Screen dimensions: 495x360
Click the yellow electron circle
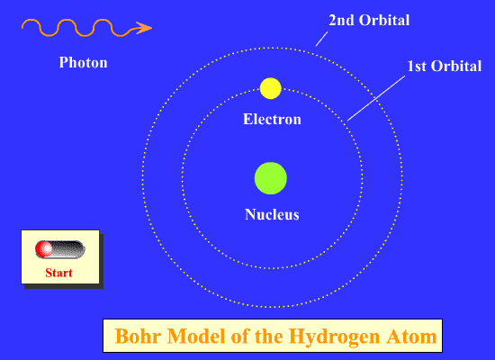[x=271, y=88]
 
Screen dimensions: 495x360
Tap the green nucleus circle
[x=271, y=178]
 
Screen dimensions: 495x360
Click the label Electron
[x=272, y=119]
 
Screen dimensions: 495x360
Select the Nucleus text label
[x=272, y=214]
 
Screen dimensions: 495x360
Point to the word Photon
[x=84, y=62]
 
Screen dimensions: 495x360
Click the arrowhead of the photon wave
[x=144, y=28]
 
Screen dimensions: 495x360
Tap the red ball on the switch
[x=44, y=248]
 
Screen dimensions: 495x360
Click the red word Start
[x=59, y=273]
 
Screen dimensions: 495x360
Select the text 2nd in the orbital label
[x=341, y=20]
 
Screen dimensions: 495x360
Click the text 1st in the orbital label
[x=417, y=67]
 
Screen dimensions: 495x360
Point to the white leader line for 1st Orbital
[x=376, y=98]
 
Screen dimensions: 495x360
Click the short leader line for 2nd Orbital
[x=321, y=39]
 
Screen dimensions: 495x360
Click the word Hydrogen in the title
[x=334, y=337]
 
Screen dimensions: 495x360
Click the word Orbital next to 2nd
[x=384, y=20]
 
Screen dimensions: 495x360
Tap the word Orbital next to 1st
[x=456, y=67]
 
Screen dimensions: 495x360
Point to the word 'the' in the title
[x=268, y=336]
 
